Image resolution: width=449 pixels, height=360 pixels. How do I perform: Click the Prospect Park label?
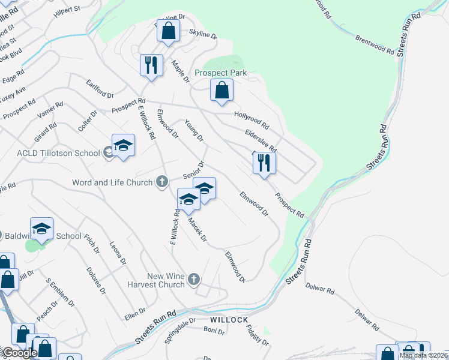click(221, 73)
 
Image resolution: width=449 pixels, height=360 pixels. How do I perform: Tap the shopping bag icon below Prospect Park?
click(221, 91)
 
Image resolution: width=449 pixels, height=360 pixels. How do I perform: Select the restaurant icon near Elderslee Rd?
click(264, 162)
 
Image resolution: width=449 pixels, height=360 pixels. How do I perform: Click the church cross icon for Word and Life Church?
click(161, 182)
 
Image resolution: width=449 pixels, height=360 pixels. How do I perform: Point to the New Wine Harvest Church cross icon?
click(193, 279)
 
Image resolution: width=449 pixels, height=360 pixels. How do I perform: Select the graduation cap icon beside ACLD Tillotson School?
click(123, 146)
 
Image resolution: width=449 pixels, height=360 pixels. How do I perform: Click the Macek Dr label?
click(197, 230)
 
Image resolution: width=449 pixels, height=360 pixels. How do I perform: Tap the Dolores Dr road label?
click(96, 281)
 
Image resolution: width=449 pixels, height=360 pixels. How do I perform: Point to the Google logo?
click(19, 353)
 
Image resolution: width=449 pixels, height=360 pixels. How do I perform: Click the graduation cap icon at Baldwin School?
click(41, 229)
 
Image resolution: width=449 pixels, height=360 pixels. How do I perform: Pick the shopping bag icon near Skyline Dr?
click(168, 31)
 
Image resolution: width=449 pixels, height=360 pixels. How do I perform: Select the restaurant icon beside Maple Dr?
click(151, 65)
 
